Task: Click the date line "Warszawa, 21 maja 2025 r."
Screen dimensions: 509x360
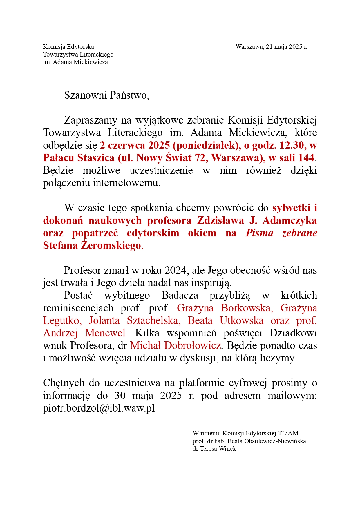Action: coord(271,47)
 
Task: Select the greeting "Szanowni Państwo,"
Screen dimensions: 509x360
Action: coord(107,95)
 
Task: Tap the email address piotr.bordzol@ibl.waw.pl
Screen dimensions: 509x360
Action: coord(99,408)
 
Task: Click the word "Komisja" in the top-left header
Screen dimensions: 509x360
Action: coord(54,47)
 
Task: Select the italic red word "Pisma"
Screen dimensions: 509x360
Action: coord(259,233)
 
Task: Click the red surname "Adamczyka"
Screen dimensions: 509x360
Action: coord(289,220)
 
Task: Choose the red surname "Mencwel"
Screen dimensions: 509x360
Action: coord(105,333)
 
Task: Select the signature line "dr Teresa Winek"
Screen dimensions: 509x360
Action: coord(214,449)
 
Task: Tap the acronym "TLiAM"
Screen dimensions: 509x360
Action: coord(288,434)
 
